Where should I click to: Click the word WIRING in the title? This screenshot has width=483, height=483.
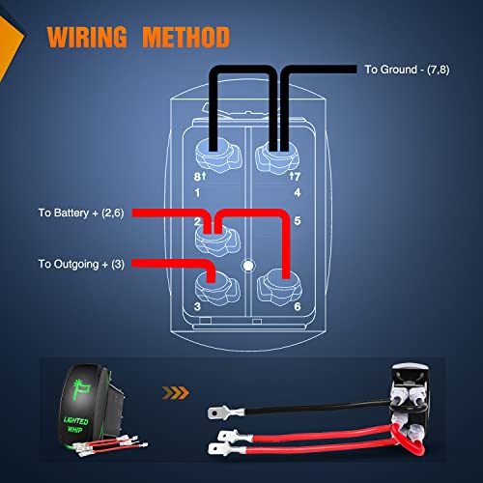tap(87, 38)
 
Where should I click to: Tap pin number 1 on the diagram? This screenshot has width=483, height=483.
tap(197, 192)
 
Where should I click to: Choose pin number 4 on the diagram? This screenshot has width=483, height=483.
tap(287, 192)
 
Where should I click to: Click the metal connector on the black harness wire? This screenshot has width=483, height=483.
tap(217, 411)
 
